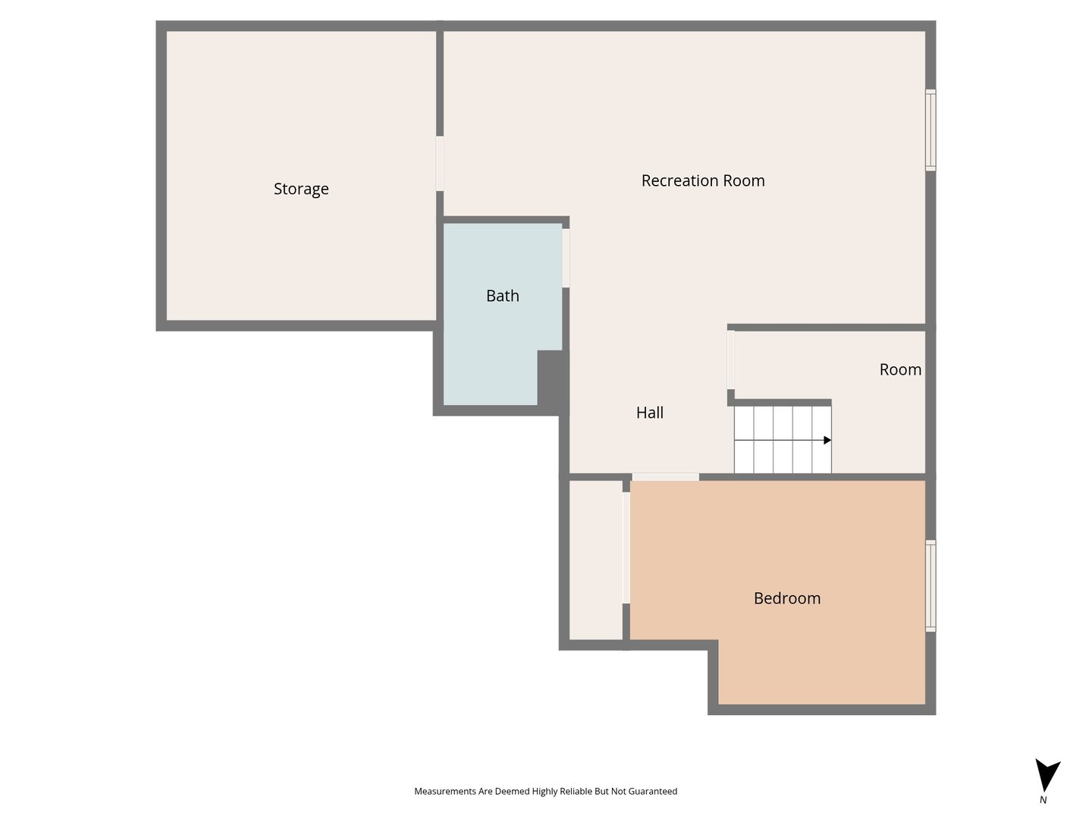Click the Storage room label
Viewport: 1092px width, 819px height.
[x=301, y=189]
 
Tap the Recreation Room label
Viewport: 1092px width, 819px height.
[x=702, y=180]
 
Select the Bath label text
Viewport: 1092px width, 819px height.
[x=503, y=296]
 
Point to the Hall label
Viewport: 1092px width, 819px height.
[x=650, y=413]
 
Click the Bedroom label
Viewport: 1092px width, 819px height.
[x=787, y=598]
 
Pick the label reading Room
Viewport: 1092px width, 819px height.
[x=900, y=369]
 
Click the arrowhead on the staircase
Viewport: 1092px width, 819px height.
[x=827, y=440]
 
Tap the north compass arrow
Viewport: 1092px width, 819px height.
[x=1047, y=775]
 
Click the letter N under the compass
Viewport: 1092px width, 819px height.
[x=1043, y=799]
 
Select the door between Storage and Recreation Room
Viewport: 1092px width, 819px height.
[x=440, y=163]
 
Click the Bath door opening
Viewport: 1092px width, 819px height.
[x=566, y=258]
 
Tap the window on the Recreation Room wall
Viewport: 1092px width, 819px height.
[x=930, y=130]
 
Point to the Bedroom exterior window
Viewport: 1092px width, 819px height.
[x=930, y=585]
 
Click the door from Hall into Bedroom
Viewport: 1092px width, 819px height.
[x=665, y=477]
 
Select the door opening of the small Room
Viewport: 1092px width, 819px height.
[x=731, y=360]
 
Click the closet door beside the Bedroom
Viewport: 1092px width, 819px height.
[x=626, y=548]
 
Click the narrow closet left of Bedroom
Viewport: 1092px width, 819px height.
[x=595, y=560]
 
